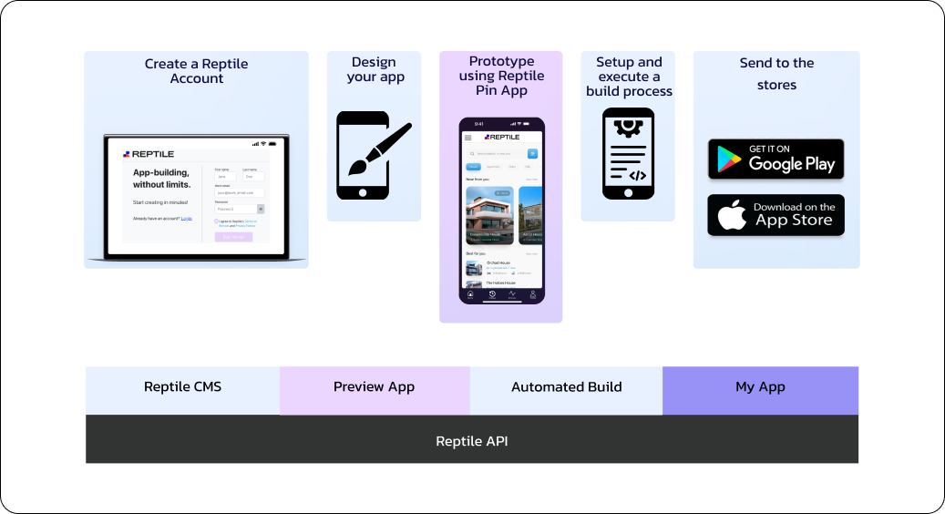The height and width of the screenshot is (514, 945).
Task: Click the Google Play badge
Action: point(776,159)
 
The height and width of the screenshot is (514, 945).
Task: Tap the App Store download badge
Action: point(776,215)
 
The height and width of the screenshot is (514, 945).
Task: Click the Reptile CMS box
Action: point(182,387)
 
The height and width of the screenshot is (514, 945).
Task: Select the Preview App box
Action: point(374,387)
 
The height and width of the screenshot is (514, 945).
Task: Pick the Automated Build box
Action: point(566,387)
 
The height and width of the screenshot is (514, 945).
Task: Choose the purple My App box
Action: point(760,387)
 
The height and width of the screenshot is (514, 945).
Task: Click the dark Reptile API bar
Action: point(471,441)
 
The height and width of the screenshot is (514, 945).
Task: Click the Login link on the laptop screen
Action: point(186,219)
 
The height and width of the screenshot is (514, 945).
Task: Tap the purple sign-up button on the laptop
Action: point(233,237)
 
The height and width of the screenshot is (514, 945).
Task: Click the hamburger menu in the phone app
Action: point(468,138)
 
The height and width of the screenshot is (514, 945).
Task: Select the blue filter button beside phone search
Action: point(532,154)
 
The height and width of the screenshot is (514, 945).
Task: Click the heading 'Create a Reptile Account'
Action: point(196,71)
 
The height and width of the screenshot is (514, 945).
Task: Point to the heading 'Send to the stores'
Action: point(776,74)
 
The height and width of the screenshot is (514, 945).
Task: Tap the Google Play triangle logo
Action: point(727,159)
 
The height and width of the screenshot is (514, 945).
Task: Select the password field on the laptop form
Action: point(235,209)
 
